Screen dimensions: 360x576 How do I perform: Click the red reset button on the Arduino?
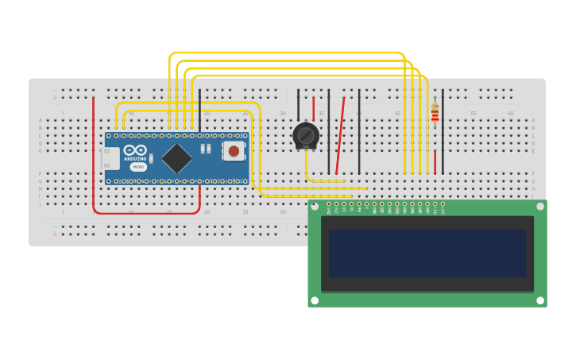(x=234, y=151)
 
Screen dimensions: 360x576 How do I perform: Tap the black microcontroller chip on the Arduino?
(x=176, y=157)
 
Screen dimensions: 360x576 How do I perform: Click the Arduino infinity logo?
(x=135, y=150)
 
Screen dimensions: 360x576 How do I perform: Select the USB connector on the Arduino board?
(x=111, y=158)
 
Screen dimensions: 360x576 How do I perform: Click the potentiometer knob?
(x=305, y=134)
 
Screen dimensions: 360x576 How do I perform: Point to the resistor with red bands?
(x=435, y=115)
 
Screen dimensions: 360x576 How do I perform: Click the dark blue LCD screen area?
(x=427, y=254)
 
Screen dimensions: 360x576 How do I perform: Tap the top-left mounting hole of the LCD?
(x=315, y=206)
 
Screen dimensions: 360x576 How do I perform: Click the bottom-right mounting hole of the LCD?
(x=540, y=301)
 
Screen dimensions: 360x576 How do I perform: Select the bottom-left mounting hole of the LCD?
(x=315, y=301)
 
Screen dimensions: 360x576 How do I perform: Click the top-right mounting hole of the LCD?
(x=540, y=206)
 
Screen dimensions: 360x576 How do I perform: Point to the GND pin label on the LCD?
(x=329, y=210)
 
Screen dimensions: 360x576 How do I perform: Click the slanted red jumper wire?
(x=340, y=135)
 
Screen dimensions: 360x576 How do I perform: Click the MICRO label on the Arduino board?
(x=138, y=167)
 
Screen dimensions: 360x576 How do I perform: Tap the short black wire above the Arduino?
(x=199, y=109)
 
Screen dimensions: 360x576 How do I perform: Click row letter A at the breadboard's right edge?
(x=533, y=121)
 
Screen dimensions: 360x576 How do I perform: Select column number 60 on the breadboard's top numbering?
(x=511, y=114)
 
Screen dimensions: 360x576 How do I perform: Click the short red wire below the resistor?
(x=435, y=161)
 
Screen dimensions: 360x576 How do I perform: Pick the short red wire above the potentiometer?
(x=313, y=108)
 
